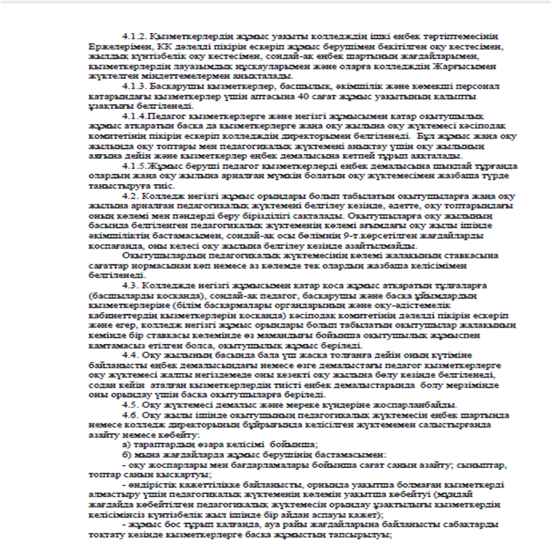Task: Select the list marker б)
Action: tap(128, 454)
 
